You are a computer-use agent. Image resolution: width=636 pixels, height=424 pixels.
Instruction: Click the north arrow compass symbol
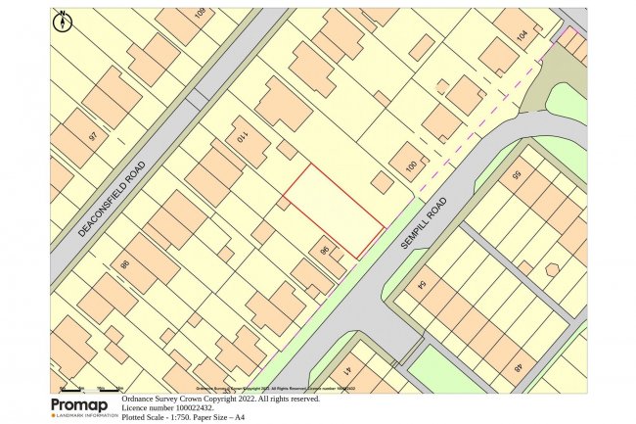64,20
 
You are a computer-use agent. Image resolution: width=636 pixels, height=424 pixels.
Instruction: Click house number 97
94,137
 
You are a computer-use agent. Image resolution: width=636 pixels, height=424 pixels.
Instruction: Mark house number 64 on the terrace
423,285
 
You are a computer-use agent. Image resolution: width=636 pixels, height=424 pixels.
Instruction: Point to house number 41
349,369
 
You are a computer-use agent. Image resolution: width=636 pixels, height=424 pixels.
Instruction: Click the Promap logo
82,406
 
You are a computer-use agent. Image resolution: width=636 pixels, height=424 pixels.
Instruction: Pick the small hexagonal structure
552,269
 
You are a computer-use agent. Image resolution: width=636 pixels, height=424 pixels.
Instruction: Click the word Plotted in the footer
137,416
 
